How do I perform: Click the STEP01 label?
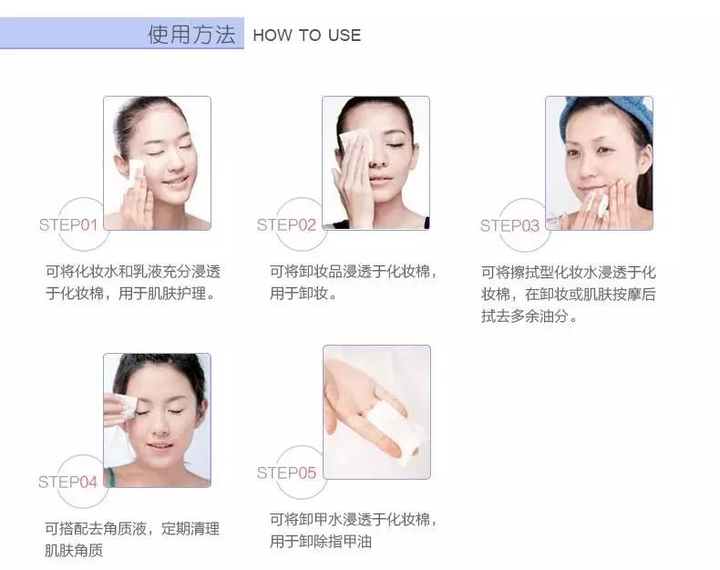(x=67, y=224)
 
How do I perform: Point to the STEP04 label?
(x=67, y=481)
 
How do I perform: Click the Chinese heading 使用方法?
(x=191, y=35)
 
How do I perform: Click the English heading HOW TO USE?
(x=306, y=36)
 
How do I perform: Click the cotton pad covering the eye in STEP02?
(x=351, y=140)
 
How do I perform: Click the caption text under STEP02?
(x=354, y=282)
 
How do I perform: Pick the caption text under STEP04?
(x=131, y=539)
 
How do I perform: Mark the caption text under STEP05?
(x=354, y=530)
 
